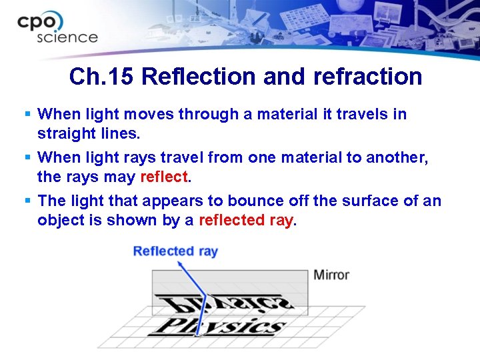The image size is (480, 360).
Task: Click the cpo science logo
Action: click(57, 27)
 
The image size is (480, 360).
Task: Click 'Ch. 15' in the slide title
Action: click(103, 77)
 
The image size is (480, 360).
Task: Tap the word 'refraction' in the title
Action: click(371, 77)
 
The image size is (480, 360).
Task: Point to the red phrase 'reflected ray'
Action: click(245, 221)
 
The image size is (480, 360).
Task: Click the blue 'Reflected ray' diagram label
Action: click(175, 251)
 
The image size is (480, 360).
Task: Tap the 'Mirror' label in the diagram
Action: click(331, 275)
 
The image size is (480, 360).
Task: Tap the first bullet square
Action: click(27, 115)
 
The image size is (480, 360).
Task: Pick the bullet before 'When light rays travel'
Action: click(27, 158)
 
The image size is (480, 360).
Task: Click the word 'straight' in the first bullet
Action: click(64, 133)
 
